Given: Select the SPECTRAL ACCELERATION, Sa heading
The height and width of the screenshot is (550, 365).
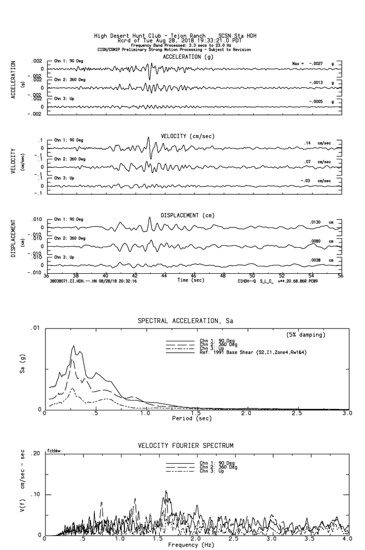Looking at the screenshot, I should click(185, 321).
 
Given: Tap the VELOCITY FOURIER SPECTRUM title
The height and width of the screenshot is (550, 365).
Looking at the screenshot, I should click(185, 445).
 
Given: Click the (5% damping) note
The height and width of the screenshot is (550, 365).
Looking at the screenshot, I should click(306, 335).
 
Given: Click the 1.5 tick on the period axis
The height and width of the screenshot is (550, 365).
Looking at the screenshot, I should click(196, 413).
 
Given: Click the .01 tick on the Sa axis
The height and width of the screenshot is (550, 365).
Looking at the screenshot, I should click(35, 328).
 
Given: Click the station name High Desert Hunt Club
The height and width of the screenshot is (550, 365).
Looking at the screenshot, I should click(125, 36).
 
